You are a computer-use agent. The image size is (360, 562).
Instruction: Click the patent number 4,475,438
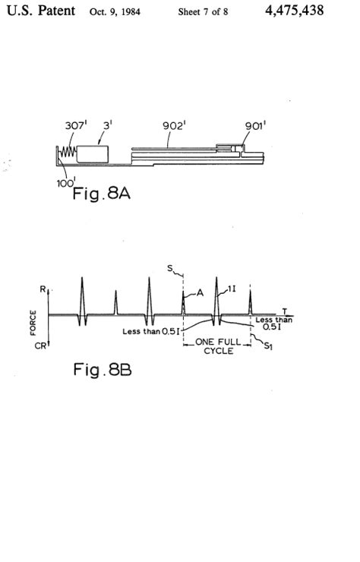[295, 11]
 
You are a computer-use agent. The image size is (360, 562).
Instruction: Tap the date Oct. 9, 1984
[115, 12]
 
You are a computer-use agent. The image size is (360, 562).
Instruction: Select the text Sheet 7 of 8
[203, 12]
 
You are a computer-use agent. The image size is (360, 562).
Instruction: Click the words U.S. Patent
[41, 11]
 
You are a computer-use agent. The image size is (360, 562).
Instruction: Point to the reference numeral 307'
[76, 125]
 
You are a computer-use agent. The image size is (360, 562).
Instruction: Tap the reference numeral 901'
[255, 125]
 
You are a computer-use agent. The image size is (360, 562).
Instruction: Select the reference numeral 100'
[66, 183]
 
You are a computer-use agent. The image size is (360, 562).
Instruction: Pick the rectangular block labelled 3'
[93, 154]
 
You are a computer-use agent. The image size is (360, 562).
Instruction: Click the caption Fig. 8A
[102, 194]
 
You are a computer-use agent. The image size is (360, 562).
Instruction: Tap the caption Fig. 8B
[103, 369]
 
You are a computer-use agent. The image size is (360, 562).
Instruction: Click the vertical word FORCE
[33, 323]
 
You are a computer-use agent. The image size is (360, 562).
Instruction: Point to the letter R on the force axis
[43, 289]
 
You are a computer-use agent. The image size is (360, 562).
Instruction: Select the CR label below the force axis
[39, 346]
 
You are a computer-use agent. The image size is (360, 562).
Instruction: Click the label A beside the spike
[200, 293]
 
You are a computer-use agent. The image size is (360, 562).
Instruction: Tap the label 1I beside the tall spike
[232, 288]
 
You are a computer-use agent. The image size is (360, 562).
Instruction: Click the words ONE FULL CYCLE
[219, 346]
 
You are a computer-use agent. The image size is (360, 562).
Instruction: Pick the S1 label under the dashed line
[268, 346]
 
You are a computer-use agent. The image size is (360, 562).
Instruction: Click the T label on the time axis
[285, 311]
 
